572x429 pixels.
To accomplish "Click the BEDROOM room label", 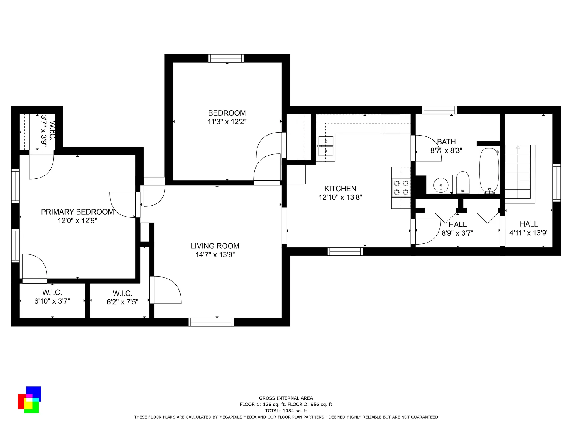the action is click(x=227, y=113).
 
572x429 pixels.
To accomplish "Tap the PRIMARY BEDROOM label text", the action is click(x=77, y=212).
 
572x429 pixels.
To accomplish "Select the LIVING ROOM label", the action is click(x=215, y=246).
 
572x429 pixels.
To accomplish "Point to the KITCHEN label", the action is click(x=340, y=189).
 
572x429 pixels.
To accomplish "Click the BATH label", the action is click(x=446, y=142).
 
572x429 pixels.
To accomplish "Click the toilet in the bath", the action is click(x=463, y=182).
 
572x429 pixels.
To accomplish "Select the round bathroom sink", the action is click(x=441, y=185).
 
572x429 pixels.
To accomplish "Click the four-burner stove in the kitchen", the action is click(x=401, y=188).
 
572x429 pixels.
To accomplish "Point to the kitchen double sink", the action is click(x=326, y=146).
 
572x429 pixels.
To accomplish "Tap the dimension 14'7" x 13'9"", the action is click(x=215, y=255).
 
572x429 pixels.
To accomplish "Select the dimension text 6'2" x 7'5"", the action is click(x=122, y=302).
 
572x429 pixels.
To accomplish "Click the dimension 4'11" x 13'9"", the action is click(x=529, y=233).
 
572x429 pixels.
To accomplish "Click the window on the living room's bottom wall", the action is click(x=212, y=322).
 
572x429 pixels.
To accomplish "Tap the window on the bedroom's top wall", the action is click(x=226, y=58).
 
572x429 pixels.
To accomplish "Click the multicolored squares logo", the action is click(x=29, y=400).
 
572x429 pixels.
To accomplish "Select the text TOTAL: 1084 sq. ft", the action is click(x=286, y=411).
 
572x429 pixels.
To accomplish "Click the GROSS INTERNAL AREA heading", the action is click(x=286, y=398).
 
